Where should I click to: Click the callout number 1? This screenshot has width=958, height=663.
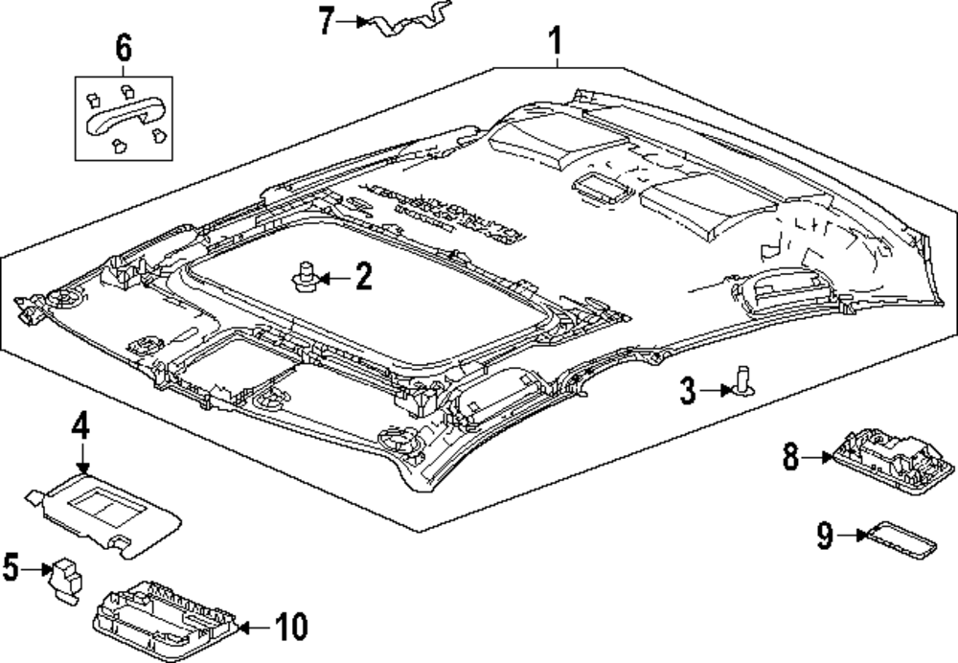coord(555,41)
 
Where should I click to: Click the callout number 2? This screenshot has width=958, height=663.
coord(362,278)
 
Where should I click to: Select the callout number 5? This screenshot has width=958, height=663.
coord(11,568)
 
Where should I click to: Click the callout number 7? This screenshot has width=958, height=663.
coord(327,20)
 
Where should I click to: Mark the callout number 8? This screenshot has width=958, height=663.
coord(790,457)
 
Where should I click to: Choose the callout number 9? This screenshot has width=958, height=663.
coord(825,536)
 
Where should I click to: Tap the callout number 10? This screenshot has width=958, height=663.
coord(290,629)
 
